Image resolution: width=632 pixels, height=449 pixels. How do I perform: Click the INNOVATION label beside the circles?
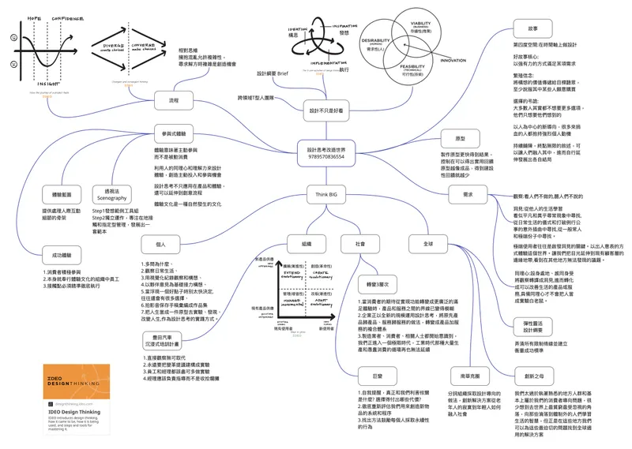(x=453, y=60)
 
